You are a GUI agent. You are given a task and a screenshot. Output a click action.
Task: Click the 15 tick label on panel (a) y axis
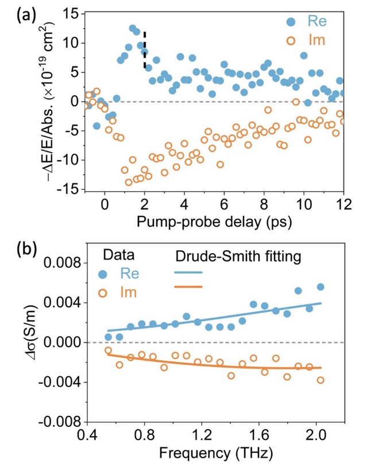pos(72,14)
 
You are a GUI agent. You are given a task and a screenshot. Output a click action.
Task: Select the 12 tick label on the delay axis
pos(343,204)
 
